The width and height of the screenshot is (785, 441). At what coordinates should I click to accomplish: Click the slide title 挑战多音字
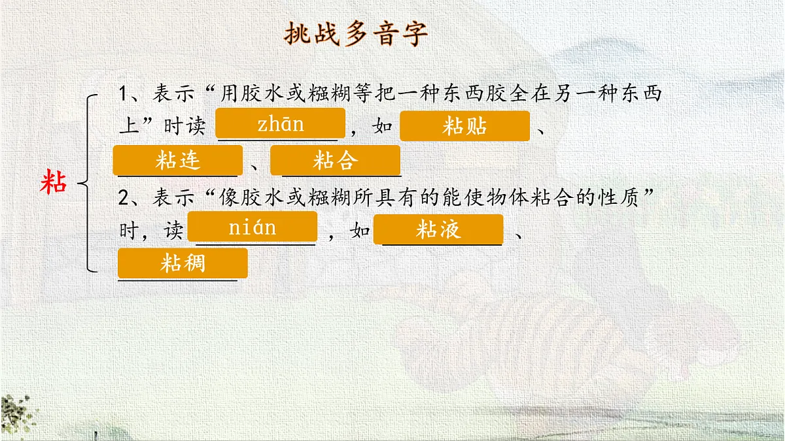coord(357,34)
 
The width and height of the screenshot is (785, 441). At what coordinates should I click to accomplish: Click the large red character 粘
coord(54,182)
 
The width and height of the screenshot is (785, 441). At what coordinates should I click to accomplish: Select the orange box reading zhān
coord(281,124)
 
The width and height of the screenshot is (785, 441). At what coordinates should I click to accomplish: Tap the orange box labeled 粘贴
coord(464,126)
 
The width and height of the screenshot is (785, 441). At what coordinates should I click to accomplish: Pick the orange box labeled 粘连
coord(177,161)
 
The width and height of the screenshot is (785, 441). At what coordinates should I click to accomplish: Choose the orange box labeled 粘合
coord(335,161)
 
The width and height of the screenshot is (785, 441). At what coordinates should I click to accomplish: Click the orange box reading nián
coord(252,227)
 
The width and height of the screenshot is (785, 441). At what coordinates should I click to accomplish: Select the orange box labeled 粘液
coord(438,229)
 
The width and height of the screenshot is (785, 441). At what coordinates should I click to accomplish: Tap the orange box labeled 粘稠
coord(183,263)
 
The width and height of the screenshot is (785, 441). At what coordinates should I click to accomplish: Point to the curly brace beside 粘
coord(88,182)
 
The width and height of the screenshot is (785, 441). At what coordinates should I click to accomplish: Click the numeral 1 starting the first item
coord(124,93)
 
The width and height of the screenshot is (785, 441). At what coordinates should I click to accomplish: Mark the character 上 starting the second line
coord(128,126)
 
